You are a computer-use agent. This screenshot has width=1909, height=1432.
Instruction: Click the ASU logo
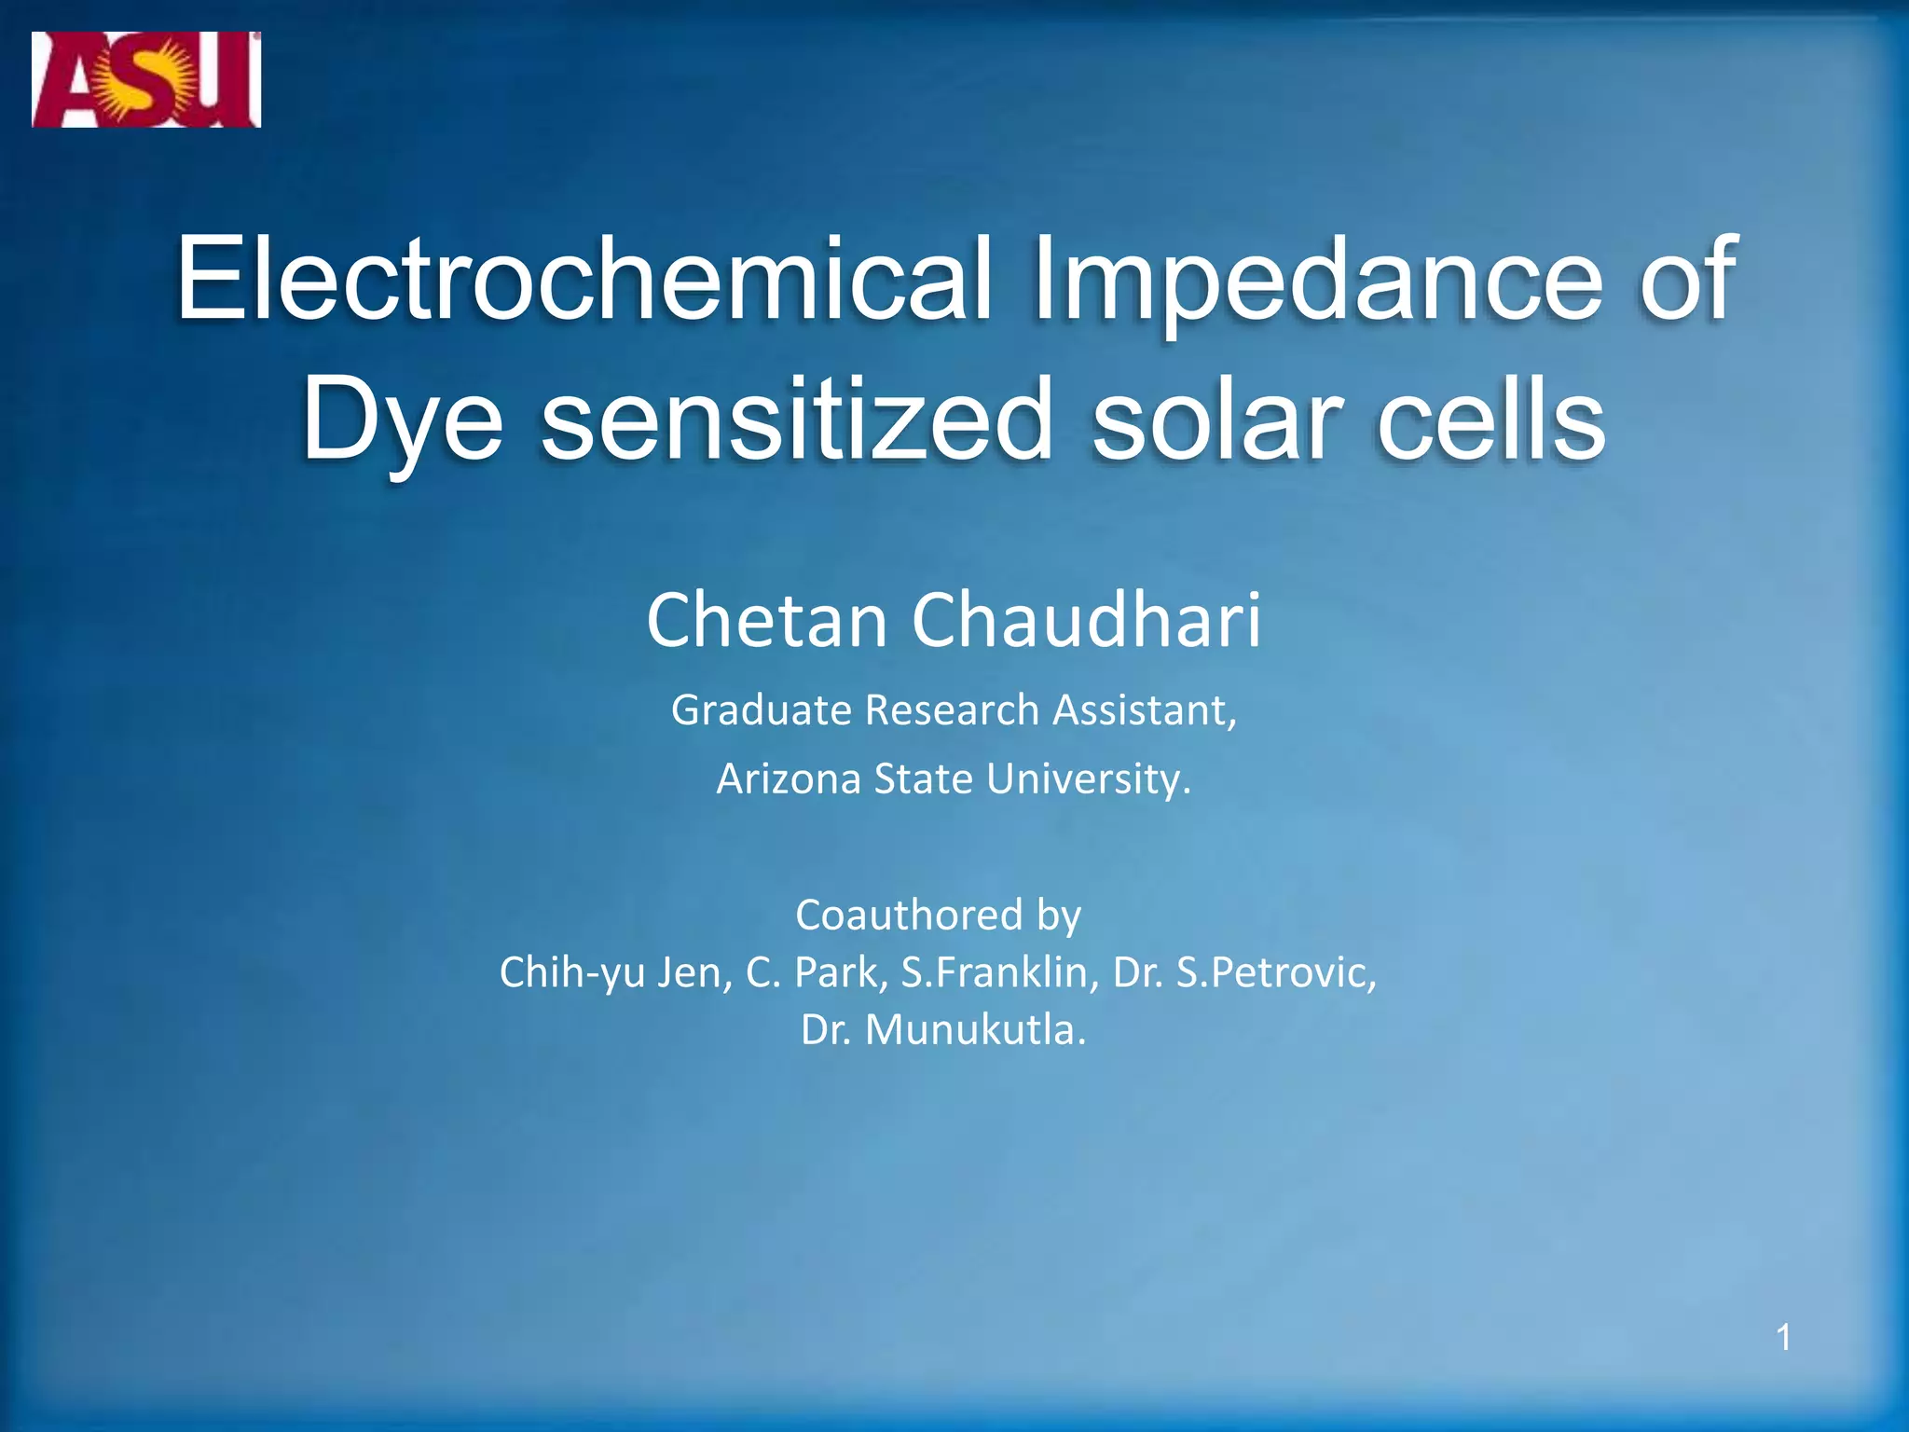pos(146,79)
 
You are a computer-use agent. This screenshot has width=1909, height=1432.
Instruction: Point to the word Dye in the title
pos(402,419)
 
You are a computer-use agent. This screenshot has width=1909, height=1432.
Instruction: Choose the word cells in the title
pos(1490,419)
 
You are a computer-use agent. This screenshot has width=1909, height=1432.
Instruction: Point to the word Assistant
pos(1144,710)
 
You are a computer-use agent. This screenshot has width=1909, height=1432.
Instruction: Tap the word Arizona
pos(789,778)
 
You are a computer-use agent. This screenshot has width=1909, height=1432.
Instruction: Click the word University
pos(1088,778)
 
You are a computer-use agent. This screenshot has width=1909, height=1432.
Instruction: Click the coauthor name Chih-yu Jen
pos(615,973)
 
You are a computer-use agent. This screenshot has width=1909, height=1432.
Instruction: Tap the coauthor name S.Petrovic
pos(1276,973)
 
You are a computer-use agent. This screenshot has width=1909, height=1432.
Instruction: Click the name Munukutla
pos(975,1030)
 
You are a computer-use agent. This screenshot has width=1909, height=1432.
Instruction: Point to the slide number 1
pos(1783,1338)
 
